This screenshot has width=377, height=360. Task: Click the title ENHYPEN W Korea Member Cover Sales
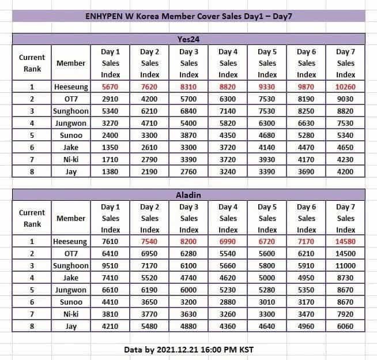click(x=188, y=16)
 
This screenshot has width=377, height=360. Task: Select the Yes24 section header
click(x=188, y=39)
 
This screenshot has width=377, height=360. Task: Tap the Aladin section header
click(x=188, y=196)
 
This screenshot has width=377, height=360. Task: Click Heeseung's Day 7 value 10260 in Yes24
click(x=346, y=87)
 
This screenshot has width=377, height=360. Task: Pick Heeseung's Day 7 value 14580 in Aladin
click(x=346, y=242)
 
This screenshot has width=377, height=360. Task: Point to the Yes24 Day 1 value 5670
click(x=110, y=87)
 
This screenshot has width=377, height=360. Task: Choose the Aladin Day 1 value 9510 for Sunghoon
click(x=110, y=266)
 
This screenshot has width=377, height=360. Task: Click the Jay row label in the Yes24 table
click(x=71, y=171)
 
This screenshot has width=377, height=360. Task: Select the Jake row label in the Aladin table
click(x=71, y=278)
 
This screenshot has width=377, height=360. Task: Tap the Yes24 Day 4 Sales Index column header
click(x=228, y=63)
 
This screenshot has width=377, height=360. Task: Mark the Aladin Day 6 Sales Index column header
click(x=307, y=218)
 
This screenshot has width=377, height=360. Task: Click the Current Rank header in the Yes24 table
click(x=32, y=63)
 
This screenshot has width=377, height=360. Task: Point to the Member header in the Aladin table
click(x=71, y=218)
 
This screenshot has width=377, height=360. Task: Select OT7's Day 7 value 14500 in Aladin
click(x=346, y=254)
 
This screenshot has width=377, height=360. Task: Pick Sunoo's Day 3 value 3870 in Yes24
click(x=189, y=136)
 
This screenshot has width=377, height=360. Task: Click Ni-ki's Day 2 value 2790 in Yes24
click(x=150, y=159)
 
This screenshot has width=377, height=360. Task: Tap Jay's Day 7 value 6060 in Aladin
click(x=346, y=326)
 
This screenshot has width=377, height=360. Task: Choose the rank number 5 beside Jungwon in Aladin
click(x=32, y=290)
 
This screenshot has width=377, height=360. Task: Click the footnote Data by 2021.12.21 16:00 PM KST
click(x=188, y=349)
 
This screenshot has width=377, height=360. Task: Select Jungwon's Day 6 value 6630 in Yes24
click(x=307, y=123)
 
